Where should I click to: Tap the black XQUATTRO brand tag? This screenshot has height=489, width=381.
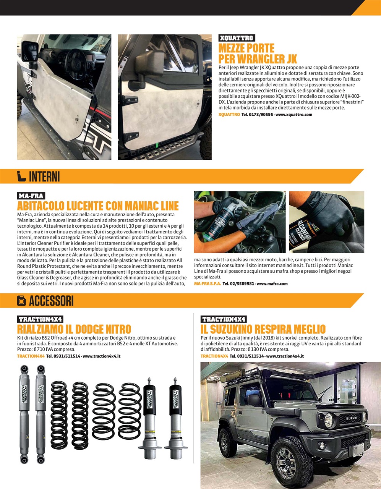click(x=237, y=38)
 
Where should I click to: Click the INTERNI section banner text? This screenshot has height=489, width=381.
click(x=44, y=176)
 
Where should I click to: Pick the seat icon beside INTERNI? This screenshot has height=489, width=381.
click(x=21, y=176)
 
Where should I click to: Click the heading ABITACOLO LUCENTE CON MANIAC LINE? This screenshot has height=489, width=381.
click(x=98, y=206)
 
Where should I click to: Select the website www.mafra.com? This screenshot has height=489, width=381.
click(x=272, y=284)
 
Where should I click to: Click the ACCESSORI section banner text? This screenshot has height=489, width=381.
click(x=51, y=301)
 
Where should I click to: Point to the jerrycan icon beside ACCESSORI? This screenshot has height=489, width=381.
click(x=21, y=301)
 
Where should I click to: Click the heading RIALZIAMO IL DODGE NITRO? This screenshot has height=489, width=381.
click(x=74, y=329)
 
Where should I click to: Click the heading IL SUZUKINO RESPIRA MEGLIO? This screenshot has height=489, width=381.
click(x=263, y=329)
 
